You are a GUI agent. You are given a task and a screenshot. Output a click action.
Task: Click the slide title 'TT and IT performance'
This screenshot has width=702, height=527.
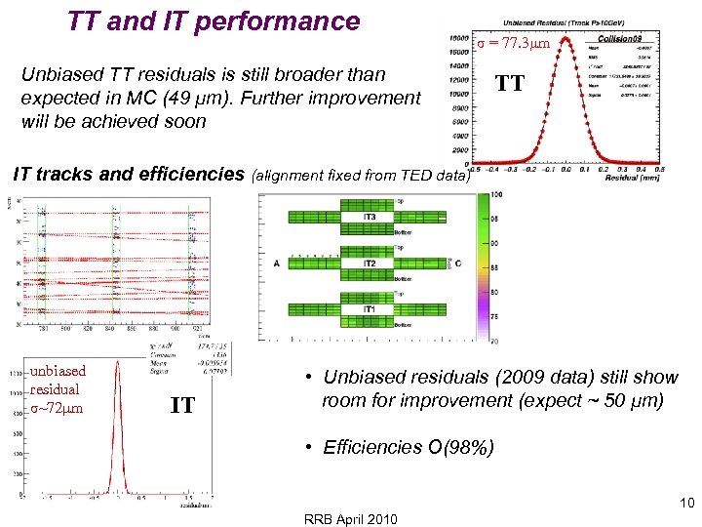(x=214, y=20)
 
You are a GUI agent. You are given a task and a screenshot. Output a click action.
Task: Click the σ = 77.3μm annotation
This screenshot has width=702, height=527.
(x=514, y=44)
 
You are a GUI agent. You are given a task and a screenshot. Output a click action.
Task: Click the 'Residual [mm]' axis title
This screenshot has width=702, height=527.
(x=630, y=179)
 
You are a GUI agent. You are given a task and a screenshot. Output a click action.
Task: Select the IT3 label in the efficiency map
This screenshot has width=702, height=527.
(x=370, y=217)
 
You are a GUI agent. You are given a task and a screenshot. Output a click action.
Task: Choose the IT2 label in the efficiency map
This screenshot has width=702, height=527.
(x=370, y=263)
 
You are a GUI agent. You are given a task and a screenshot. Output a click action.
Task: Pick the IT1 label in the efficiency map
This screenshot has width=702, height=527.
(x=370, y=309)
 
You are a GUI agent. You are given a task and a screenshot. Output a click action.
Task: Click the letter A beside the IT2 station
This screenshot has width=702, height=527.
(x=277, y=264)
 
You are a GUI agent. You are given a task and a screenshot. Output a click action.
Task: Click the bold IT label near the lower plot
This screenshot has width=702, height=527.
(x=182, y=405)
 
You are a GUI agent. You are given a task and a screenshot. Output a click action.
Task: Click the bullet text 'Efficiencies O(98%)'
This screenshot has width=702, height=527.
(x=409, y=448)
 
